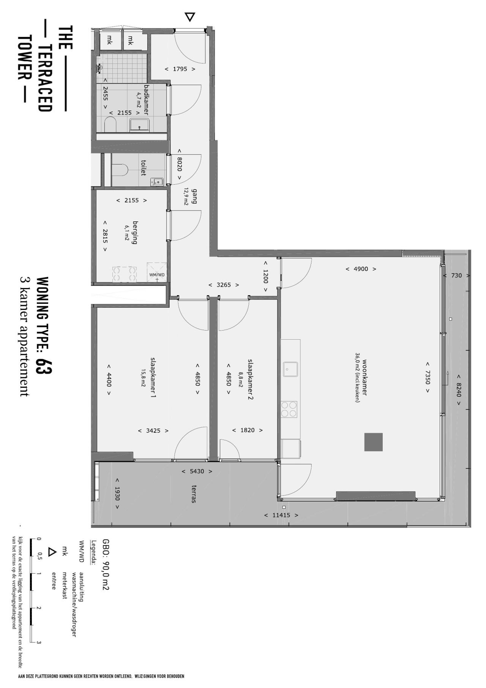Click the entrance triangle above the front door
[190, 17]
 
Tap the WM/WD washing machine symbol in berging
[157, 272]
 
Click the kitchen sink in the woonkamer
[290, 369]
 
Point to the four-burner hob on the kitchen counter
[289, 409]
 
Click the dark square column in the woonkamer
[373, 442]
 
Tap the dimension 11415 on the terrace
[281, 515]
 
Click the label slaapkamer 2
[251, 379]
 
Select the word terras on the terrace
[194, 494]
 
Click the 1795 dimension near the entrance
[180, 69]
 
